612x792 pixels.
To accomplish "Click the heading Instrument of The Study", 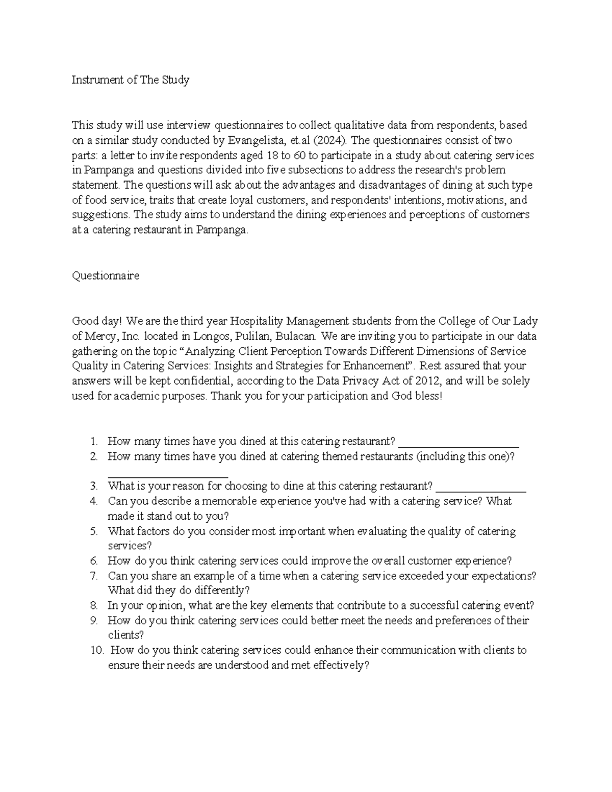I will (x=130, y=80).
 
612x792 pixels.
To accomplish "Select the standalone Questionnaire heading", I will (x=105, y=276).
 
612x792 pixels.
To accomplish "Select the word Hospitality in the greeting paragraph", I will (x=256, y=321).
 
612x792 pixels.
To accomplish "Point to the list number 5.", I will (x=94, y=531).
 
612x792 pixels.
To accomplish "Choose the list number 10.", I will (x=97, y=651).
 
